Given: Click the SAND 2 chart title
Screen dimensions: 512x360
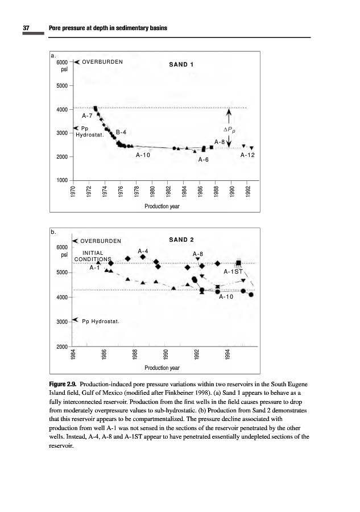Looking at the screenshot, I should [182, 240].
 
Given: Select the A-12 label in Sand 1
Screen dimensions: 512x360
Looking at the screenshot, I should [247, 154].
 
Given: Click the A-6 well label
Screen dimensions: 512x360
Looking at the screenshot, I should [203, 160].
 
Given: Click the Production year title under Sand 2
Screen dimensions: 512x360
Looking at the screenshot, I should [162, 368].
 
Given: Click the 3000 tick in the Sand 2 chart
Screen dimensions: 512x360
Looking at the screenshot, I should [61, 321].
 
